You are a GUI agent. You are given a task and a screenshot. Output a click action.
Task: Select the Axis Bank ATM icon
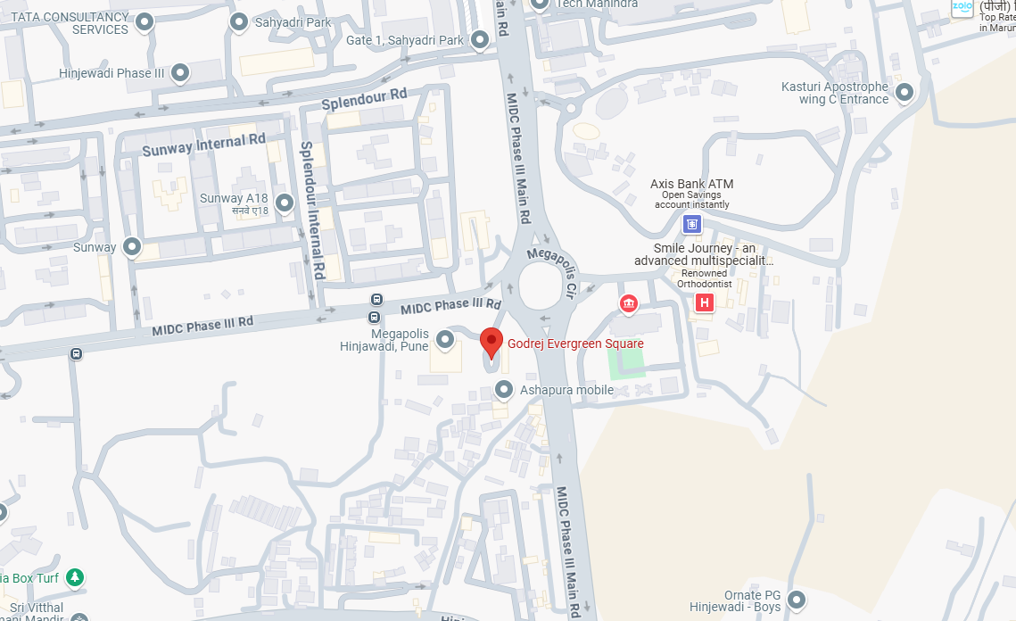[x=692, y=224]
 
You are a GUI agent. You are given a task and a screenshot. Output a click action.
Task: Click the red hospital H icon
[x=705, y=303]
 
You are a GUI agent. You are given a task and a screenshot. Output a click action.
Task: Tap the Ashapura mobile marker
[x=504, y=390]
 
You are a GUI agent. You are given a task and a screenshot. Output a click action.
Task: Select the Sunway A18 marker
[x=285, y=203]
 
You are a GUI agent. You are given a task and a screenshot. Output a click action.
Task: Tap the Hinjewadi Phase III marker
[x=180, y=73]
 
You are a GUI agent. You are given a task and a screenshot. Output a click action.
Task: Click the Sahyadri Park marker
[x=238, y=21]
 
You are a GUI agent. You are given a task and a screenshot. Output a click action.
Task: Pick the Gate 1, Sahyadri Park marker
[x=480, y=40]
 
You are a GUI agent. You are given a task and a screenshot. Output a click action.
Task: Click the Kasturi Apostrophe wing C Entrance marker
[x=904, y=92]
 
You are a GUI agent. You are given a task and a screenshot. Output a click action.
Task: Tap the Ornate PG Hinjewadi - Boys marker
[x=795, y=600]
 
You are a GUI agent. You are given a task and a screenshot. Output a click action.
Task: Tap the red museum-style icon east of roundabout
[x=629, y=304]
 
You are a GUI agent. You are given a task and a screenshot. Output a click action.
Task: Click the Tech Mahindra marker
[x=540, y=4]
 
